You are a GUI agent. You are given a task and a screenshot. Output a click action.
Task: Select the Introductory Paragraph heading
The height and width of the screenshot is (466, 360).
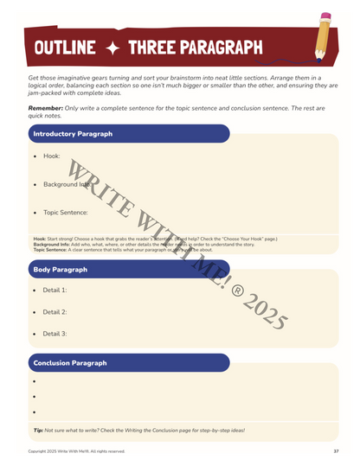pyautogui.click(x=73, y=134)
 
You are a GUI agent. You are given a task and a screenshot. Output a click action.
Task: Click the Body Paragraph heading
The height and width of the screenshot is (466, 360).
pyautogui.click(x=60, y=269)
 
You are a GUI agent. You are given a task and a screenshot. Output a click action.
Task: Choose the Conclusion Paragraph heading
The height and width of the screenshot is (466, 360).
pyautogui.click(x=69, y=362)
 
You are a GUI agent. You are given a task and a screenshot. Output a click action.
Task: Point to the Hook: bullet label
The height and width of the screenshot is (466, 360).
pyautogui.click(x=51, y=156)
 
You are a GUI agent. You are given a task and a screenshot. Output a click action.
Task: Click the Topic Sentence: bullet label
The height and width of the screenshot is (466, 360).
pyautogui.click(x=66, y=212)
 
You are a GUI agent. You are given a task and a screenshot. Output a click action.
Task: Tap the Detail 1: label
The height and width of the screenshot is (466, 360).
pyautogui.click(x=55, y=290)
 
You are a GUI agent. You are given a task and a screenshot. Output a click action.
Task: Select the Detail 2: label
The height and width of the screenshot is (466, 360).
pyautogui.click(x=55, y=312)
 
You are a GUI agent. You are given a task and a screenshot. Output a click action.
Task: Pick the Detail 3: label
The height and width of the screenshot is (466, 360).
pyautogui.click(x=55, y=334)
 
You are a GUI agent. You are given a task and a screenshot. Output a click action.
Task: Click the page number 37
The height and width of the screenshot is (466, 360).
pyautogui.click(x=336, y=451)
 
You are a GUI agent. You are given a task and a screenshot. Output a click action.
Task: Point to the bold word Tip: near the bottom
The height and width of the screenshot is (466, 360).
pyautogui.click(x=38, y=430)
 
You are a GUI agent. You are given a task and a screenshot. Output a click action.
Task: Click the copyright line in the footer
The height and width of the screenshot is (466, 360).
pyautogui.click(x=76, y=451)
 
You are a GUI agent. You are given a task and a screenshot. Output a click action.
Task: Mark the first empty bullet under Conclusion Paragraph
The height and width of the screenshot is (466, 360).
pyautogui.click(x=34, y=381)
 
